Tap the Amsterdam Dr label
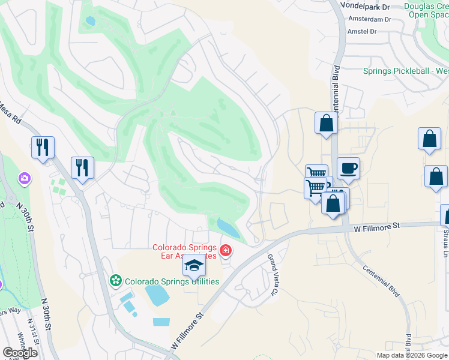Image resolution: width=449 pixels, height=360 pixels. point(370,19)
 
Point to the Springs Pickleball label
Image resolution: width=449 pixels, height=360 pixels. point(406,71)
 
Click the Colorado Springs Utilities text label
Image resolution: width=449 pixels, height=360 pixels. point(172,281)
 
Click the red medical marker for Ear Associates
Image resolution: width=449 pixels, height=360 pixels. point(226,250)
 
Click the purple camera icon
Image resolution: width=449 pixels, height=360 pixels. point(25,178)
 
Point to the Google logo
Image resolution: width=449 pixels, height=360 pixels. point(20,353)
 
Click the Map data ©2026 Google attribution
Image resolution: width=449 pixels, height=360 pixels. point(412,355)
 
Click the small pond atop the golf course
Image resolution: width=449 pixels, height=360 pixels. point(91,20)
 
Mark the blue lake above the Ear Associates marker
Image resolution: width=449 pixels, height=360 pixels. point(227,227)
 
